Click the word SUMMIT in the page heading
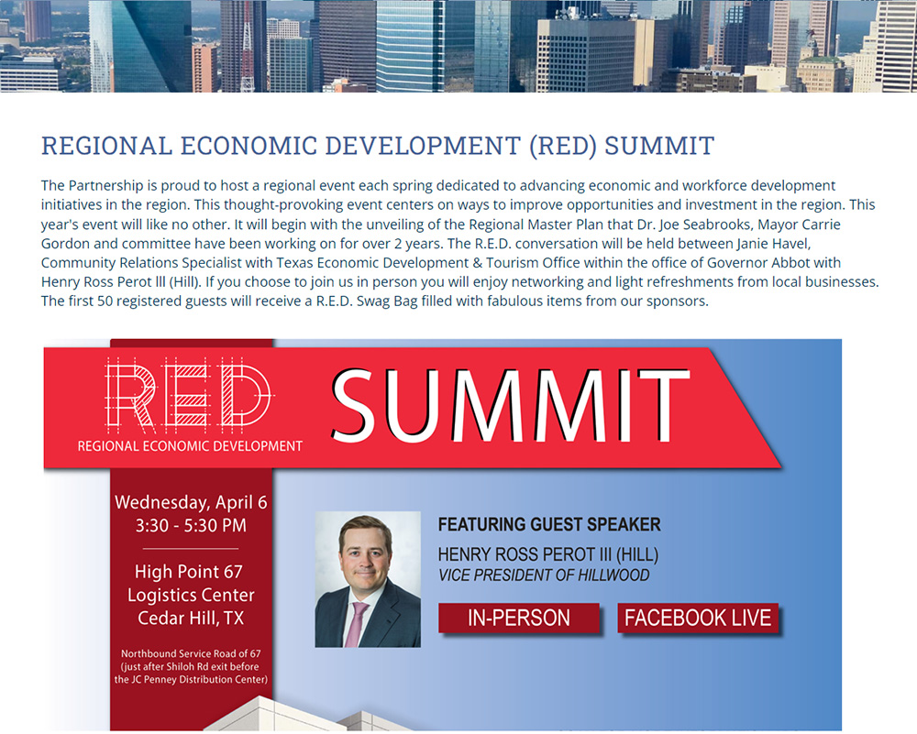659,146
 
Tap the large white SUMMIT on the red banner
511,406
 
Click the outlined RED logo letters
188,393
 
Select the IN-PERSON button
519,618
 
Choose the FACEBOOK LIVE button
698,618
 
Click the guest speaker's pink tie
356,624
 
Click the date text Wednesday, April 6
191,502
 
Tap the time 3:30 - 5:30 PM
191,525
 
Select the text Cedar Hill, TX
191,619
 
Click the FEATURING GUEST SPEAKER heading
549,524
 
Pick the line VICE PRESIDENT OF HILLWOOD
544,575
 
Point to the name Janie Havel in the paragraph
773,243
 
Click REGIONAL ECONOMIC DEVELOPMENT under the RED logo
190,446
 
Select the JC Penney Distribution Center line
192,679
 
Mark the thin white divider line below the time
191,549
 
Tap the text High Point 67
189,572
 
